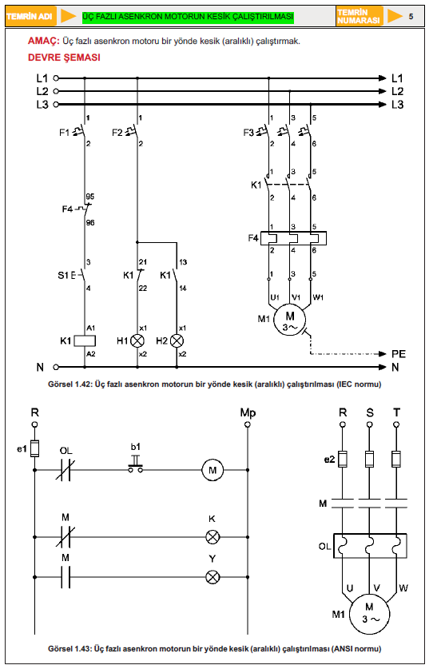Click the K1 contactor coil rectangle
[x=85, y=340]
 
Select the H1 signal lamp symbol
[x=137, y=340]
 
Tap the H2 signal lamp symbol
[x=177, y=340]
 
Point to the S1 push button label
[x=63, y=275]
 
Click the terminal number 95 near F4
[x=90, y=197]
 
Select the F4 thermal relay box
[x=293, y=238]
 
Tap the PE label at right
[x=399, y=354]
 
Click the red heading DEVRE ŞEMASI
[x=64, y=58]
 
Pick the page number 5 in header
[x=411, y=17]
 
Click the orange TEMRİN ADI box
[x=30, y=17]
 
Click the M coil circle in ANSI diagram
[x=213, y=470]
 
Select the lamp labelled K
[x=213, y=537]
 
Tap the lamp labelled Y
[x=213, y=577]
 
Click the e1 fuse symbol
[x=35, y=448]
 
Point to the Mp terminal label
[x=248, y=412]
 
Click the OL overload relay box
[x=370, y=546]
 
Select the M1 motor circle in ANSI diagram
[x=370, y=614]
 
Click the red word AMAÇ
[x=44, y=41]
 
